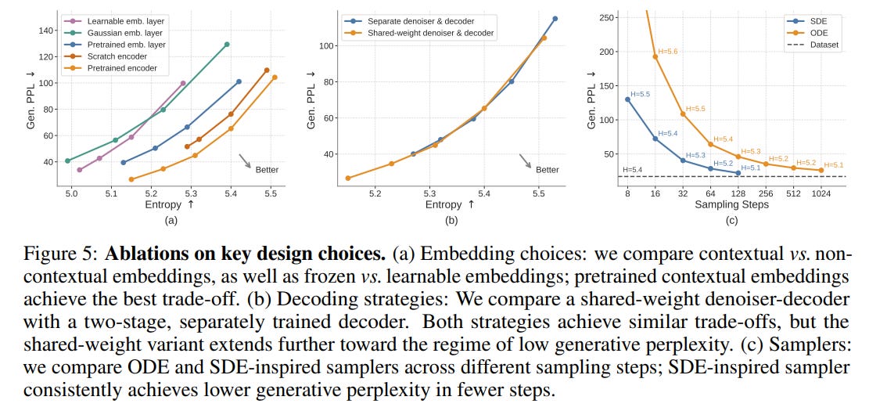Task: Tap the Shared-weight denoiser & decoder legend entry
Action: point(419,34)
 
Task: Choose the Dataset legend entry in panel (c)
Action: point(813,45)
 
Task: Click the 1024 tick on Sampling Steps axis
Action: point(821,193)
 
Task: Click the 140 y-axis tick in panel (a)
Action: point(47,31)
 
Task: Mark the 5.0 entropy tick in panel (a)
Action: point(71,193)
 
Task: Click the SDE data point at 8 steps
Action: point(627,99)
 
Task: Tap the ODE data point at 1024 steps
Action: point(821,170)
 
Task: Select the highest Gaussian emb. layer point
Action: point(227,45)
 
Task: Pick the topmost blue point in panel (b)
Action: point(555,19)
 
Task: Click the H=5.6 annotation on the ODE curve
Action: point(669,51)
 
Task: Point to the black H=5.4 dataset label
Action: point(633,169)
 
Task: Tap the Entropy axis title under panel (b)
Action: point(450,204)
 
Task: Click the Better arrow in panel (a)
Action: point(245,160)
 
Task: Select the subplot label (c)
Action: point(732,221)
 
